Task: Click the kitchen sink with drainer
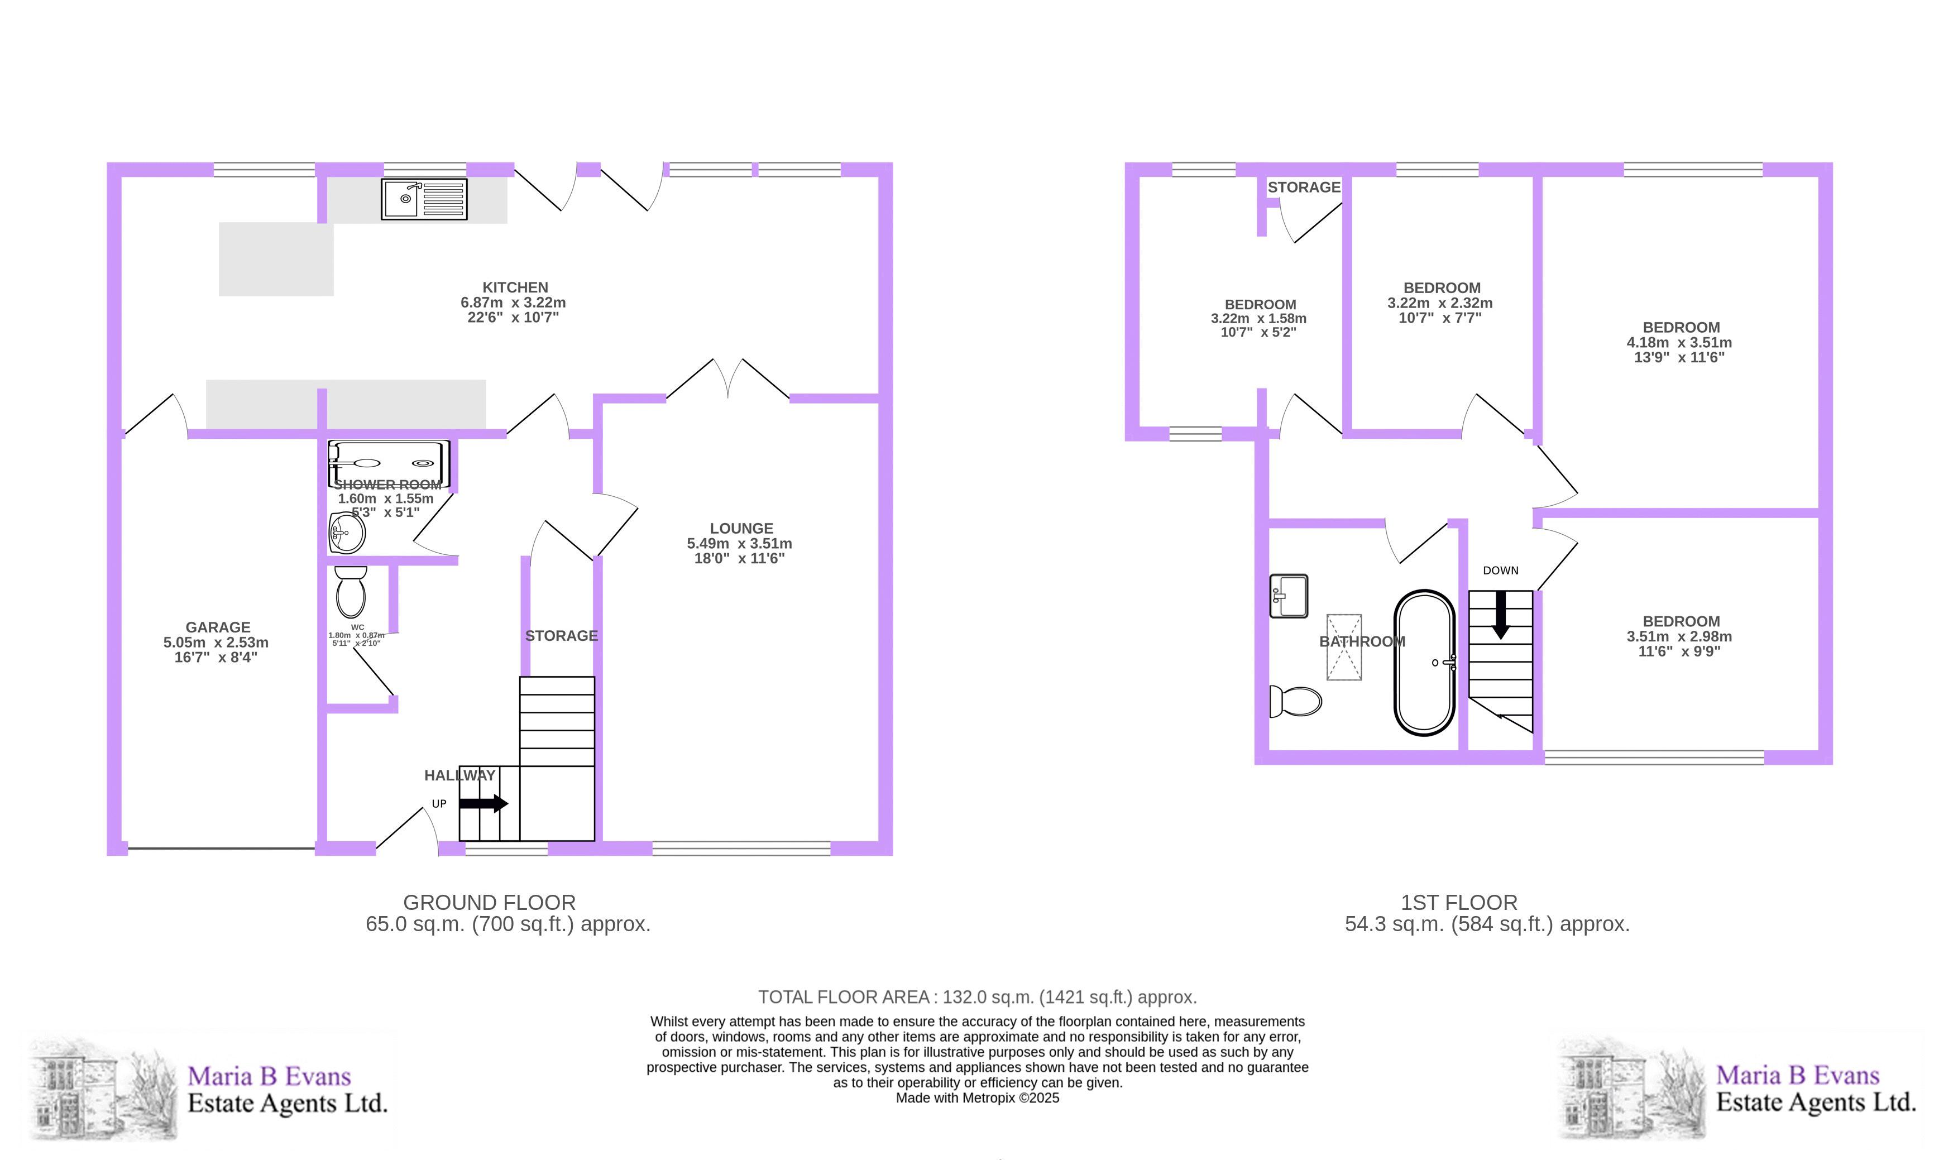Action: [424, 199]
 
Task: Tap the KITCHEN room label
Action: [515, 287]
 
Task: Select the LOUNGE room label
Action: [741, 529]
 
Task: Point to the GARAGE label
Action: [218, 627]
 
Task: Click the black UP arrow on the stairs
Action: [483, 803]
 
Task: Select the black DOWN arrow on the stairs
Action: [1501, 615]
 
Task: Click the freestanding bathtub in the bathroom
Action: [1424, 663]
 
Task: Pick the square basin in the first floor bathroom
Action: [1288, 596]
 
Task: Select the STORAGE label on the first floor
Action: [1304, 188]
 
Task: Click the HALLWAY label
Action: [459, 775]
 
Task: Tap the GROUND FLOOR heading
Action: [489, 902]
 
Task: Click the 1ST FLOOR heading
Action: [1458, 902]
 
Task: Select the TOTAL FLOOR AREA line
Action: [977, 998]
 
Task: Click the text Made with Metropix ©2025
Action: [977, 1097]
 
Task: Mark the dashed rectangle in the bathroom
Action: [1344, 647]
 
